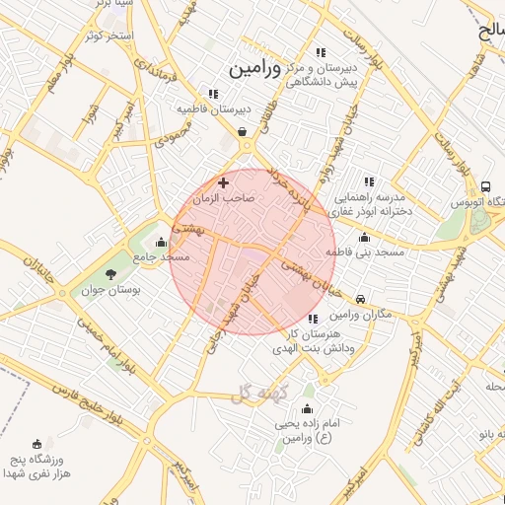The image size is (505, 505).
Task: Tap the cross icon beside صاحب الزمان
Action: click(x=223, y=182)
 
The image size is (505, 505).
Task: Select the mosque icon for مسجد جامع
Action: click(x=161, y=243)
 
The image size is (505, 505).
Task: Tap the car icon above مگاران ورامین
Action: click(x=361, y=299)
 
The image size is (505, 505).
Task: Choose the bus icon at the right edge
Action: click(x=485, y=186)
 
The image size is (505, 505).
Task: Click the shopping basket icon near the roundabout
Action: click(x=242, y=131)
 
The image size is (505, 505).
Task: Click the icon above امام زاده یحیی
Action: click(x=307, y=408)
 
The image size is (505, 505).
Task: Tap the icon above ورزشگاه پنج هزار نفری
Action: click(x=37, y=444)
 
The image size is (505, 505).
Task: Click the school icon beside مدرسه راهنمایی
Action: click(x=369, y=181)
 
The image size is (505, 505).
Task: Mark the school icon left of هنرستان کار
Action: click(x=313, y=319)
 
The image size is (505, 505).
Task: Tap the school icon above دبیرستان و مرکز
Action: click(x=320, y=52)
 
